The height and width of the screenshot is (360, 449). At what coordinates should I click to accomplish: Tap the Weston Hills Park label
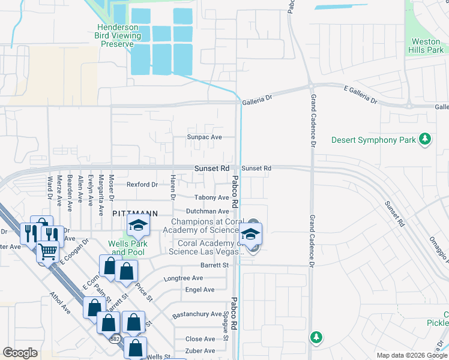click(427, 46)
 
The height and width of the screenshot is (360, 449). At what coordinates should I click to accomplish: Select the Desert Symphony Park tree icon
click(425, 140)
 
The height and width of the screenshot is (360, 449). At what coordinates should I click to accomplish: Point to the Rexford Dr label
click(142, 184)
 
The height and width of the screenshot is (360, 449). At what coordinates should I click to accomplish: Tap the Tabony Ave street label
click(212, 197)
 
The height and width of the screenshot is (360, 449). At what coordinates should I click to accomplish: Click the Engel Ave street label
click(200, 290)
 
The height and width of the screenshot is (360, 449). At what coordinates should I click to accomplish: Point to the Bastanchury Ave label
click(197, 314)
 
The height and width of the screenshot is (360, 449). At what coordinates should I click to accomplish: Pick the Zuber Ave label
click(200, 351)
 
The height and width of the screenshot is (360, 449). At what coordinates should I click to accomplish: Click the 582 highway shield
click(115, 339)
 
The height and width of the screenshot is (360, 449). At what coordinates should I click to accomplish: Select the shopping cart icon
click(49, 251)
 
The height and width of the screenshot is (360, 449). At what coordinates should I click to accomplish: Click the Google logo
click(20, 353)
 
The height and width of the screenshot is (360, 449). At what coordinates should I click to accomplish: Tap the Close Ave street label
click(200, 339)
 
